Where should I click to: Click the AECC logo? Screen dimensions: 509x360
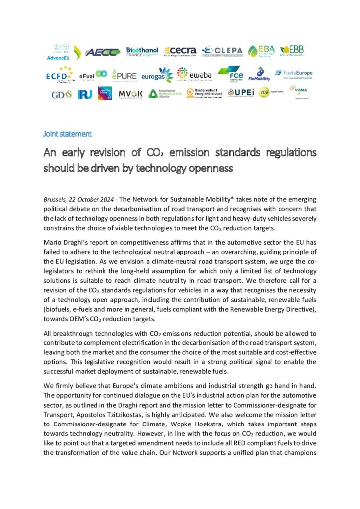[103, 52]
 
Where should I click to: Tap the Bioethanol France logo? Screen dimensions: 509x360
[143, 52]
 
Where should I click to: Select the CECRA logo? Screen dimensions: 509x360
[180, 51]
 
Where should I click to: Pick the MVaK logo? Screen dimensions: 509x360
[130, 93]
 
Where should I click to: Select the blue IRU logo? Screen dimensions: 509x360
[84, 93]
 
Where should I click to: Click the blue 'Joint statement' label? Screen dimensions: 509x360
[67, 134]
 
